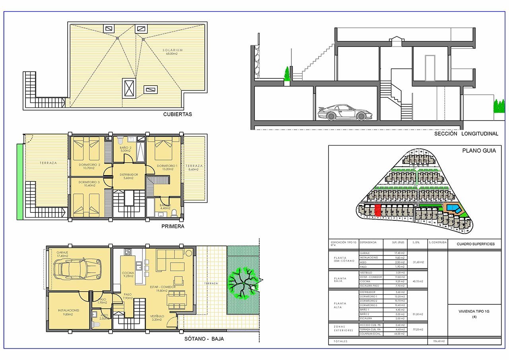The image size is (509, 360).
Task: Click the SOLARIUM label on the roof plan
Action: pyautogui.click(x=173, y=51)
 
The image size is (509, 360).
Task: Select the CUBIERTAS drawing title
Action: pyautogui.click(x=177, y=114)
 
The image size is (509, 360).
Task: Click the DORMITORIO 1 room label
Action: pyautogui.click(x=167, y=166)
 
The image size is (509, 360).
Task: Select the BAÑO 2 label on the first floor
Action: pyautogui.click(x=125, y=148)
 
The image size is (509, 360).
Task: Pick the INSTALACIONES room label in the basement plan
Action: pyautogui.click(x=68, y=310)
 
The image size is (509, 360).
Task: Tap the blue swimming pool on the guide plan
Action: pyautogui.click(x=452, y=208)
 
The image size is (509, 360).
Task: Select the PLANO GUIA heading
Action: pyautogui.click(x=479, y=151)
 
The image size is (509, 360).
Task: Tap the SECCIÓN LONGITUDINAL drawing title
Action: pyautogui.click(x=466, y=134)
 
